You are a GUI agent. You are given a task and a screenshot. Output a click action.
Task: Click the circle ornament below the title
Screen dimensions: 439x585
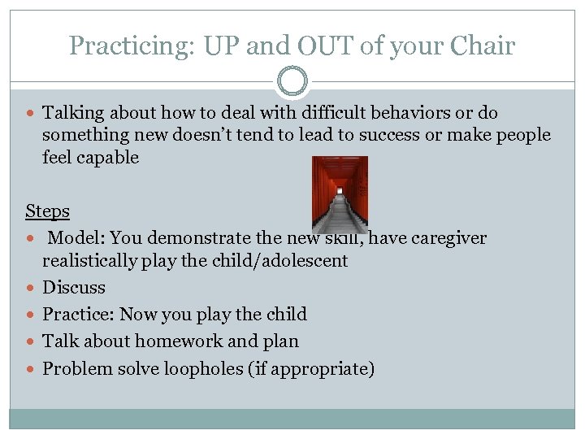[x=292, y=82]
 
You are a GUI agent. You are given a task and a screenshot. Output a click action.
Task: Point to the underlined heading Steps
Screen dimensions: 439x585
[x=47, y=211]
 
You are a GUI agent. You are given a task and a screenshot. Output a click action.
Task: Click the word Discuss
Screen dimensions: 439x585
[x=74, y=288]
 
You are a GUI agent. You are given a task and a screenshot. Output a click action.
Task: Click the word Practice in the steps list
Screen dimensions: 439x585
[x=77, y=315]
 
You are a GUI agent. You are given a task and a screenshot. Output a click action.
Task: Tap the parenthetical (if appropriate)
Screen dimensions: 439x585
[x=323, y=369]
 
